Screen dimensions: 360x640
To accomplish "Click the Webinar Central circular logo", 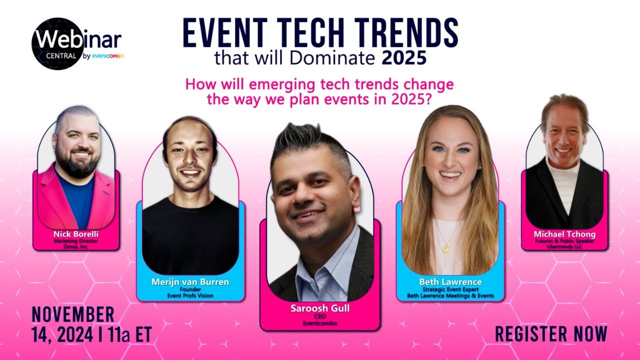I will [x=56, y=43].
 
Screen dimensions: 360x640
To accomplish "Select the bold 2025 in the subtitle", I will [x=404, y=58].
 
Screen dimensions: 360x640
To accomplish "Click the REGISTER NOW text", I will [x=551, y=333].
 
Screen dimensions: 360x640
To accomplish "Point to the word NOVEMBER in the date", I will [x=73, y=315].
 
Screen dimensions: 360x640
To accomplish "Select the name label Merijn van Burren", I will [x=190, y=282].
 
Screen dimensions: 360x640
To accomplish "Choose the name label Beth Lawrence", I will [x=450, y=282].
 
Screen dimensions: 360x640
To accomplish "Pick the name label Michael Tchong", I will [x=564, y=234].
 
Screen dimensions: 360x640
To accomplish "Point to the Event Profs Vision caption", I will [x=190, y=295].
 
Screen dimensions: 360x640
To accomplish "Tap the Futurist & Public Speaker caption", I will [x=564, y=241].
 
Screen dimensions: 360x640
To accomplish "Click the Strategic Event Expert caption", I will [x=450, y=289].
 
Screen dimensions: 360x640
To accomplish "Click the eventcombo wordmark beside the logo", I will [x=107, y=56].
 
